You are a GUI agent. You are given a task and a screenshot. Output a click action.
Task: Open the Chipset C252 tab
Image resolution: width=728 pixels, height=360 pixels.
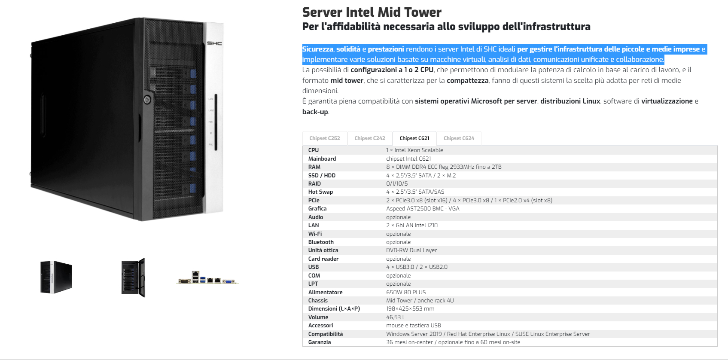325,138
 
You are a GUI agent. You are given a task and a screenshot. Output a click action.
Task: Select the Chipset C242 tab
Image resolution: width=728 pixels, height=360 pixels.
370,138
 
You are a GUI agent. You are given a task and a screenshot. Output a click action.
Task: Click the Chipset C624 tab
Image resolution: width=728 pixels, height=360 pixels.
459,138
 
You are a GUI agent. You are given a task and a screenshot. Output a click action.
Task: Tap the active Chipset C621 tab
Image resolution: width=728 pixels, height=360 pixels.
414,138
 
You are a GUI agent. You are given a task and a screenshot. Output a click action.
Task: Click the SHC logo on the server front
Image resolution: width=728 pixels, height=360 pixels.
214,43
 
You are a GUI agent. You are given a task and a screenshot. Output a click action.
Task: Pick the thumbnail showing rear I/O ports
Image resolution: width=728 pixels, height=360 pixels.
207,278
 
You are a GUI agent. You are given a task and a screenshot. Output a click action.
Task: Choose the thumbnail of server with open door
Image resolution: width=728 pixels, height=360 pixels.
133,278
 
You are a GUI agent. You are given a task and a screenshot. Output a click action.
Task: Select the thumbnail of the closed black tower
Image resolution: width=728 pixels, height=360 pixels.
56,277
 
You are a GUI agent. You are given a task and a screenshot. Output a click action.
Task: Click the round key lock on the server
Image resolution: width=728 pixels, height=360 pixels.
147,100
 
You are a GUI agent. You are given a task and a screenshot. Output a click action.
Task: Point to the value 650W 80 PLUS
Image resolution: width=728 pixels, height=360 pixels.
406,292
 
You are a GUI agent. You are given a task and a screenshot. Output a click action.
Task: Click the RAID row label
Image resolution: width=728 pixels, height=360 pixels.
314,183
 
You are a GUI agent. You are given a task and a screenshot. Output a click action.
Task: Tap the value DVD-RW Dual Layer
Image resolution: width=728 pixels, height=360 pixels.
411,250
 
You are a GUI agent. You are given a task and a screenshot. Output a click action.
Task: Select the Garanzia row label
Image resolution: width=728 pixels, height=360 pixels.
320,342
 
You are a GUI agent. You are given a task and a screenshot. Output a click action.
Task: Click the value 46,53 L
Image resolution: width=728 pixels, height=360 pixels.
396,317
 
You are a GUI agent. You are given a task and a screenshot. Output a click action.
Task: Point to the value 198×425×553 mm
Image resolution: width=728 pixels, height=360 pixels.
410,308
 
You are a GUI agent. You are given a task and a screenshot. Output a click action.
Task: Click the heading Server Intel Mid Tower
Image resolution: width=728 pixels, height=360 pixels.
372,12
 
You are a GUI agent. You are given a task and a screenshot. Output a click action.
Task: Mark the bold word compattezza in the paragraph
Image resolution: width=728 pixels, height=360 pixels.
468,80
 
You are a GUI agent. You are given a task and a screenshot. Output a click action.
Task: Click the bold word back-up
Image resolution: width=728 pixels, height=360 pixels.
315,112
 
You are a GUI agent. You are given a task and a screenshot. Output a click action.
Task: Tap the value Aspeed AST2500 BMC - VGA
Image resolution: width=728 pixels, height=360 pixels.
423,208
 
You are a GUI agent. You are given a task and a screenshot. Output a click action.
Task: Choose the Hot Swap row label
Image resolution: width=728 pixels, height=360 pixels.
320,192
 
